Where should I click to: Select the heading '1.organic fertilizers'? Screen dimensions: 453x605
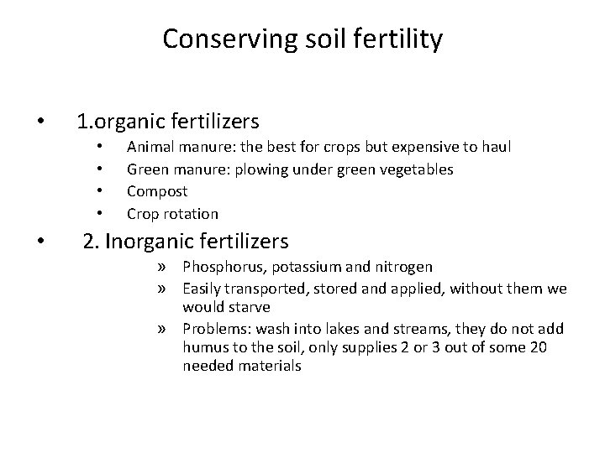167,122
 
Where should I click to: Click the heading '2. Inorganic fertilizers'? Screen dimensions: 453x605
186,242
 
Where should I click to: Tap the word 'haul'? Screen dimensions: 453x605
494,148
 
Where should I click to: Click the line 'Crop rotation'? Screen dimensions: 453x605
172,213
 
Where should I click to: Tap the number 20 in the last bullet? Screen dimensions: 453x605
538,347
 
